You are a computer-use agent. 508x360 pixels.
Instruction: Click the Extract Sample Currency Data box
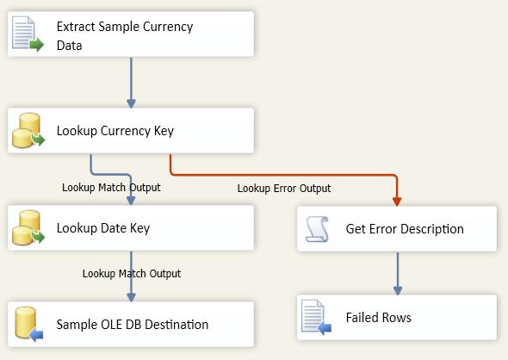pyautogui.click(x=131, y=35)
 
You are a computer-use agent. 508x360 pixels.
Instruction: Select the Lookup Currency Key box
pyautogui.click(x=131, y=131)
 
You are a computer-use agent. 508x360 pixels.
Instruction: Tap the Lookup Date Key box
pyautogui.click(x=131, y=228)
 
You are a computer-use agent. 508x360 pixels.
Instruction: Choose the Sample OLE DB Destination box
pyautogui.click(x=131, y=325)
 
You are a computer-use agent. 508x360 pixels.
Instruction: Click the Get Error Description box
pyautogui.click(x=397, y=228)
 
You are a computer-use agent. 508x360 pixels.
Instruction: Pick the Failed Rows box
pyautogui.click(x=397, y=317)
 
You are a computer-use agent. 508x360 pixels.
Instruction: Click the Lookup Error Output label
pyautogui.click(x=284, y=189)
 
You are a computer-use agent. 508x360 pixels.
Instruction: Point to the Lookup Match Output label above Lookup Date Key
pyautogui.click(x=111, y=187)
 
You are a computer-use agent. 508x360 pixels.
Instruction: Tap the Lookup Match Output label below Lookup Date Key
pyautogui.click(x=132, y=274)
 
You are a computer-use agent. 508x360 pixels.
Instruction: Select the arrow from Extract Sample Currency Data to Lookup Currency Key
pyautogui.click(x=131, y=83)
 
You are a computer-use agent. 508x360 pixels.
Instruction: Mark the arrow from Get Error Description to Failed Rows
pyautogui.click(x=397, y=272)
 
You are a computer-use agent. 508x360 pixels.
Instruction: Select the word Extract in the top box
pyautogui.click(x=75, y=27)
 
